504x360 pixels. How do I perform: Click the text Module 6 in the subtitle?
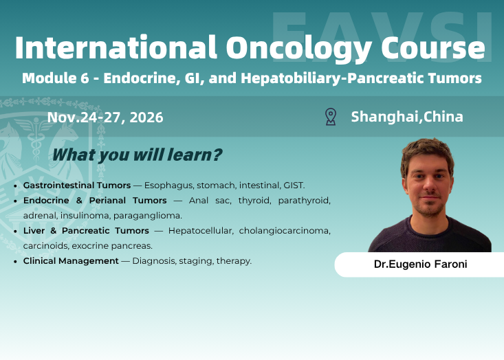[55, 78]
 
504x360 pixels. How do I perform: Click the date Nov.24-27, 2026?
[105, 117]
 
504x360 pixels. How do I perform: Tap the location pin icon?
[331, 117]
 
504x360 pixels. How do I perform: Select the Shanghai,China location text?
[407, 117]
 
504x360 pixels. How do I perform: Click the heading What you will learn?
[137, 155]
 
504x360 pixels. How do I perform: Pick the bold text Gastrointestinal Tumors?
[77, 185]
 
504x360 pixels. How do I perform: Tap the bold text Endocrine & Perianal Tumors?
[95, 201]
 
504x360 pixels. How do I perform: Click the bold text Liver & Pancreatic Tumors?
[86, 231]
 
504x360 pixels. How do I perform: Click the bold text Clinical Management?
[71, 261]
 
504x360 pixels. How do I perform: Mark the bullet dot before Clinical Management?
[16, 262]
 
